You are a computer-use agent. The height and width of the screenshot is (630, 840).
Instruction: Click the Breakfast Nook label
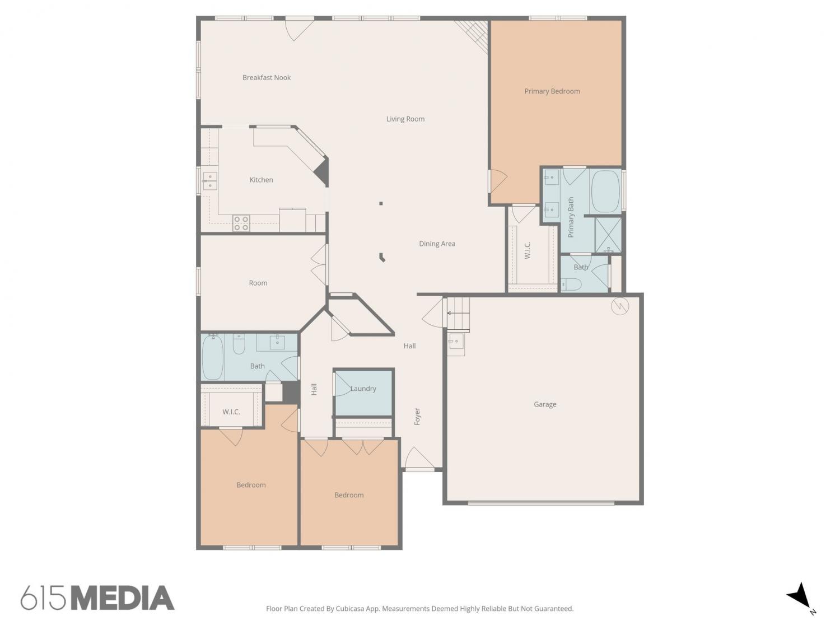[x=267, y=78]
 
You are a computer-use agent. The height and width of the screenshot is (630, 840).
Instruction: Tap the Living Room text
[x=405, y=119]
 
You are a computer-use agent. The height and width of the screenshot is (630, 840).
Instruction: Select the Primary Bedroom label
[x=552, y=91]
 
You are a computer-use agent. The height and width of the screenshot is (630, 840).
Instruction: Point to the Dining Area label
[x=437, y=244]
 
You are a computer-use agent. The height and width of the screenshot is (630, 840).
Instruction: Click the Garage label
[x=545, y=404]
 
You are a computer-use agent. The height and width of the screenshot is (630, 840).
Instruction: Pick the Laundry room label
[x=363, y=389]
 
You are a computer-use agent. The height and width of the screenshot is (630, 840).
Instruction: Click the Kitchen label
[x=261, y=180]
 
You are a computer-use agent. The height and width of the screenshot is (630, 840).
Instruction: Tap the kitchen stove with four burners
[x=241, y=223]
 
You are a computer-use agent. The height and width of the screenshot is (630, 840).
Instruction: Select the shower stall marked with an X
[x=608, y=235]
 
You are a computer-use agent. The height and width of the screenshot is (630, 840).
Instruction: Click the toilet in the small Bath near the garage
[x=571, y=284]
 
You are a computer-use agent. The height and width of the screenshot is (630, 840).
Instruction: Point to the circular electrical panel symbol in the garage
[x=619, y=306]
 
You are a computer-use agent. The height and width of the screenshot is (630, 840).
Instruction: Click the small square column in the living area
[x=381, y=203]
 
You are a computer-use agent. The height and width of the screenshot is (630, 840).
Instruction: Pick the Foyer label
[x=417, y=417]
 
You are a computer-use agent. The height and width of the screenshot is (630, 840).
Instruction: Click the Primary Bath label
[x=571, y=217]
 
